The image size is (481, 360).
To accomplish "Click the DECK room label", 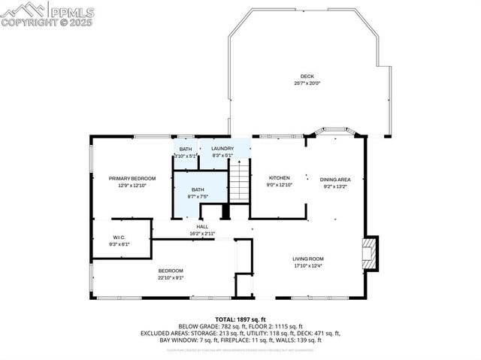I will pyautogui.click(x=307, y=76).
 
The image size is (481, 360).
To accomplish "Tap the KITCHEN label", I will pyautogui.click(x=279, y=178).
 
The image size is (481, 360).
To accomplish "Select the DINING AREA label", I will pyautogui.click(x=335, y=180).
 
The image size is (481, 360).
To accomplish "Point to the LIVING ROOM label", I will pyautogui.click(x=308, y=259).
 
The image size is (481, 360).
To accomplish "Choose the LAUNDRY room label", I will pyautogui.click(x=222, y=149).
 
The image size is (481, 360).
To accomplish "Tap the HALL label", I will pyautogui.click(x=202, y=227).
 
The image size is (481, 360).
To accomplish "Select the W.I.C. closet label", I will pyautogui.click(x=120, y=238).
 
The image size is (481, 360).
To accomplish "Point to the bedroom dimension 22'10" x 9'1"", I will pyautogui.click(x=170, y=277).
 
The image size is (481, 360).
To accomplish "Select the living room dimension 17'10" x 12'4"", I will pyautogui.click(x=308, y=266).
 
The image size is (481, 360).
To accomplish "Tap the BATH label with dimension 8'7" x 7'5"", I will pyautogui.click(x=198, y=189).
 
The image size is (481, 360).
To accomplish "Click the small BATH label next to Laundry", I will pyautogui.click(x=186, y=149).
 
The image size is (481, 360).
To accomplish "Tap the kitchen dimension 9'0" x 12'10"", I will pyautogui.click(x=279, y=185).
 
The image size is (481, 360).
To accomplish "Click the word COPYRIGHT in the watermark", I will pyautogui.click(x=28, y=22).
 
